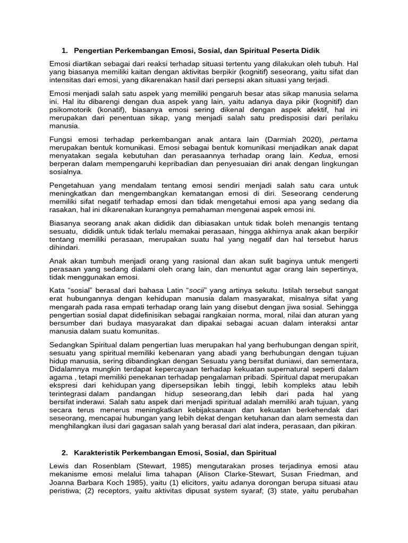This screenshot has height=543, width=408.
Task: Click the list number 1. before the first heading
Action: coord(64,50)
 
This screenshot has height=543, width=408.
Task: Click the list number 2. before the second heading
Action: coord(64,452)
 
